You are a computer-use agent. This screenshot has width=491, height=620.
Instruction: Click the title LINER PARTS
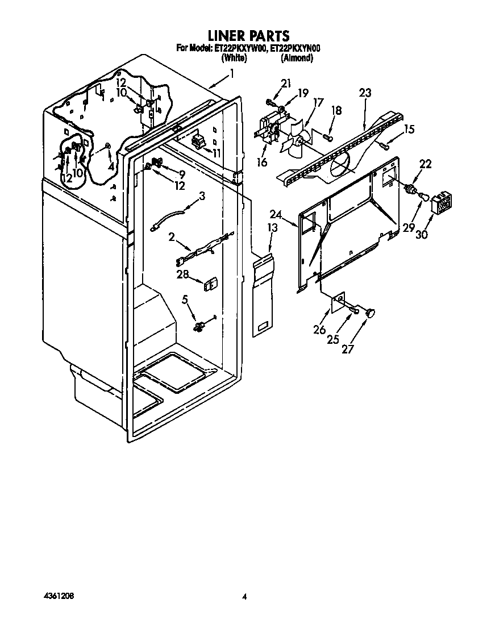(249, 36)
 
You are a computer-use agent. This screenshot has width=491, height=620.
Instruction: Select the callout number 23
(365, 93)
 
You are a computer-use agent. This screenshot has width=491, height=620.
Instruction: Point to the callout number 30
(422, 235)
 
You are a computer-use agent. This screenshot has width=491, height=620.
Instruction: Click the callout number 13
(272, 228)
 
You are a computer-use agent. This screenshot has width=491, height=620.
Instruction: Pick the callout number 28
(182, 274)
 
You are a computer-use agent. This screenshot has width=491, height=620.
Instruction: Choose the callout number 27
(347, 349)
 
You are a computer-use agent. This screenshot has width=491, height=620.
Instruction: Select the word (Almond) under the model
(297, 58)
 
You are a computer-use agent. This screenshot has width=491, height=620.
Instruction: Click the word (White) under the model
(235, 58)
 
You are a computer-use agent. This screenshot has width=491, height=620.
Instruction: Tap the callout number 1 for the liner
(232, 74)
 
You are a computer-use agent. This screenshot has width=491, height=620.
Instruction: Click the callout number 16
(262, 162)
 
